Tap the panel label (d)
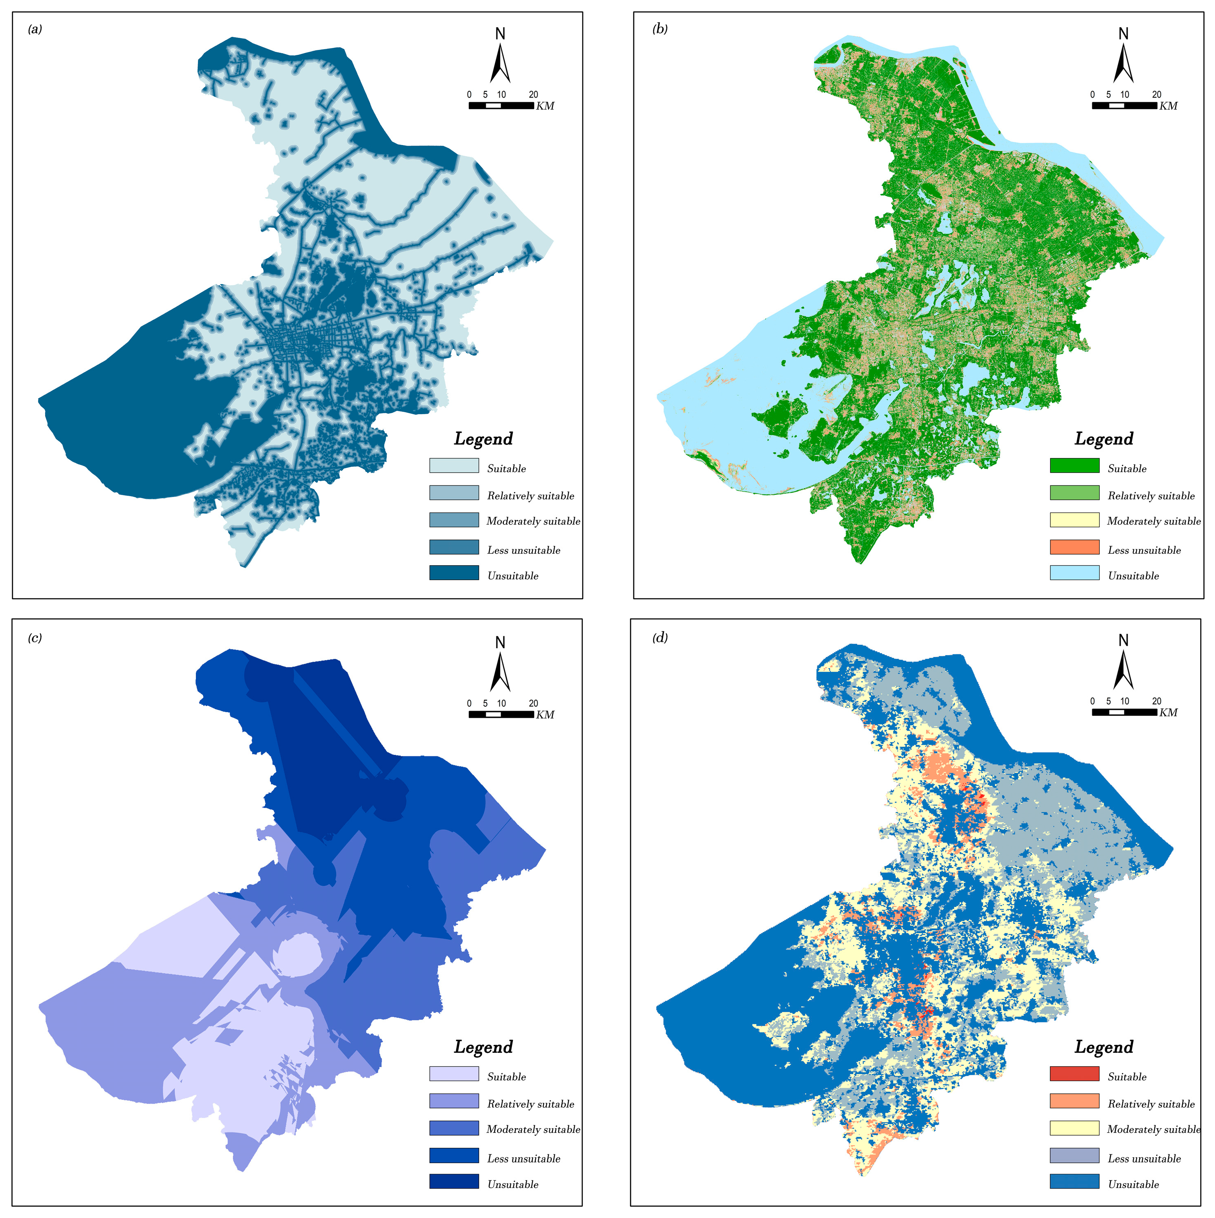click(x=660, y=638)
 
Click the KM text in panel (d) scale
click(x=1168, y=713)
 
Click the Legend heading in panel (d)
click(x=1104, y=1047)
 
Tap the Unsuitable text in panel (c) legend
click(x=513, y=1184)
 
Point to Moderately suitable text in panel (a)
click(x=533, y=521)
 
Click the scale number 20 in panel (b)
click(x=1156, y=95)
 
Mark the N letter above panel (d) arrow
click(x=1123, y=640)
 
